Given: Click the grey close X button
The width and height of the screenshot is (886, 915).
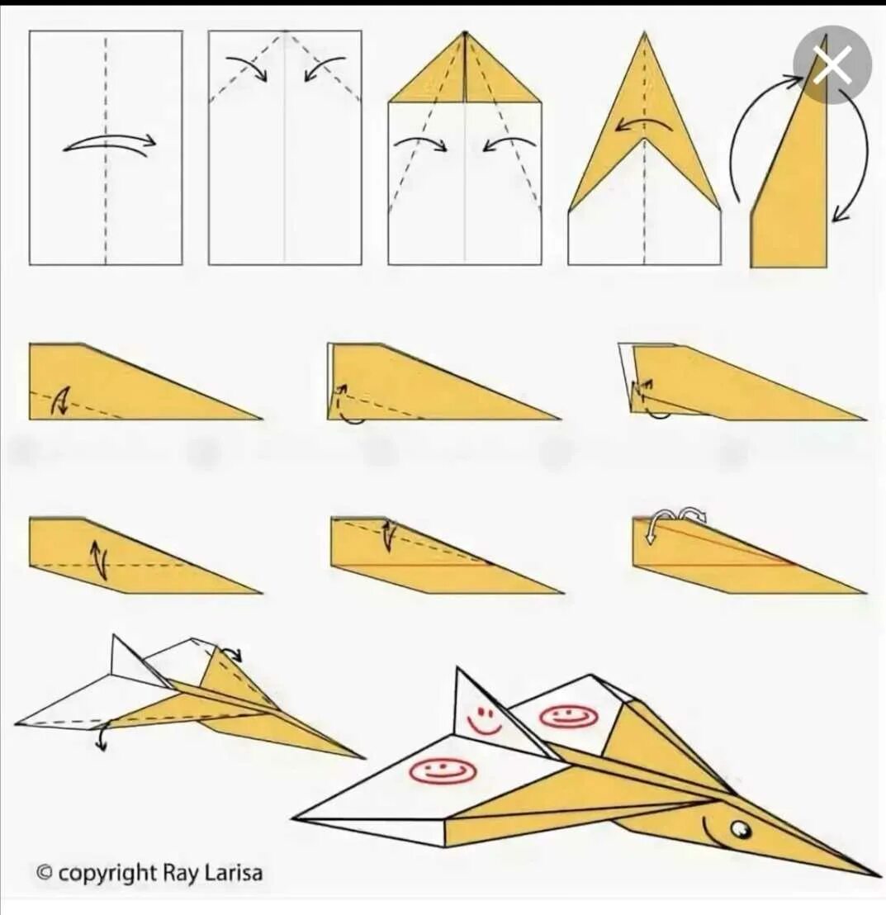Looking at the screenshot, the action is point(832,64).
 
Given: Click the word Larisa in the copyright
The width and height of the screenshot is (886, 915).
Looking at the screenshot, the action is point(233,874).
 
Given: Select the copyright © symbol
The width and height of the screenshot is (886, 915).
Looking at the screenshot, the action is point(45,874).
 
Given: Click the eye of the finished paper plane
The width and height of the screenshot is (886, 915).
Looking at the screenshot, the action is point(741,828).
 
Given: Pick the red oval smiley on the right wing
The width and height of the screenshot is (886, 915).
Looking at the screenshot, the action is point(568,716).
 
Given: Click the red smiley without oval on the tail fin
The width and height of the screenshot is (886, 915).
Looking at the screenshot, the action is point(485,721).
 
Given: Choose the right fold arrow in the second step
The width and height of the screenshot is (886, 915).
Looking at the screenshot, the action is point(324,65).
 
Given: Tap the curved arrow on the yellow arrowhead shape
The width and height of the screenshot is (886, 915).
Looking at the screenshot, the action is point(644,123).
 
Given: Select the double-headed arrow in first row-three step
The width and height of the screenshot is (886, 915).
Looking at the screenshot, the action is point(99,559).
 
